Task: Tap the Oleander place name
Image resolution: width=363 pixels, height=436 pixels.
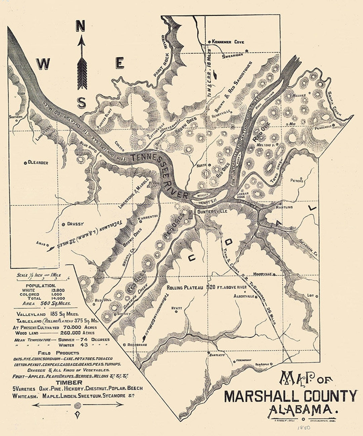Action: click(38, 163)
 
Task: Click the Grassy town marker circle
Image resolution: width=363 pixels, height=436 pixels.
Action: click(63, 224)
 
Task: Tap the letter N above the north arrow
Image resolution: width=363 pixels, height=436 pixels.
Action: click(80, 26)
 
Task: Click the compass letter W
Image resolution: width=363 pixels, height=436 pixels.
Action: click(43, 63)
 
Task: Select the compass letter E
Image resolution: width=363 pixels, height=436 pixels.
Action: click(119, 63)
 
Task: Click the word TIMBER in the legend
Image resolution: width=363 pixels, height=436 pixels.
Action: click(69, 383)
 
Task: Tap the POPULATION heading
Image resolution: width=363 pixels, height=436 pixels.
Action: click(43, 285)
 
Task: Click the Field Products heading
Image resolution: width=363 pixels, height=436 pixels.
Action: click(58, 353)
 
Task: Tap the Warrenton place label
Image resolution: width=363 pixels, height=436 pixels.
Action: click(148, 217)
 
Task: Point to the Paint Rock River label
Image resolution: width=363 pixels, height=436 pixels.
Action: click(162, 56)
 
